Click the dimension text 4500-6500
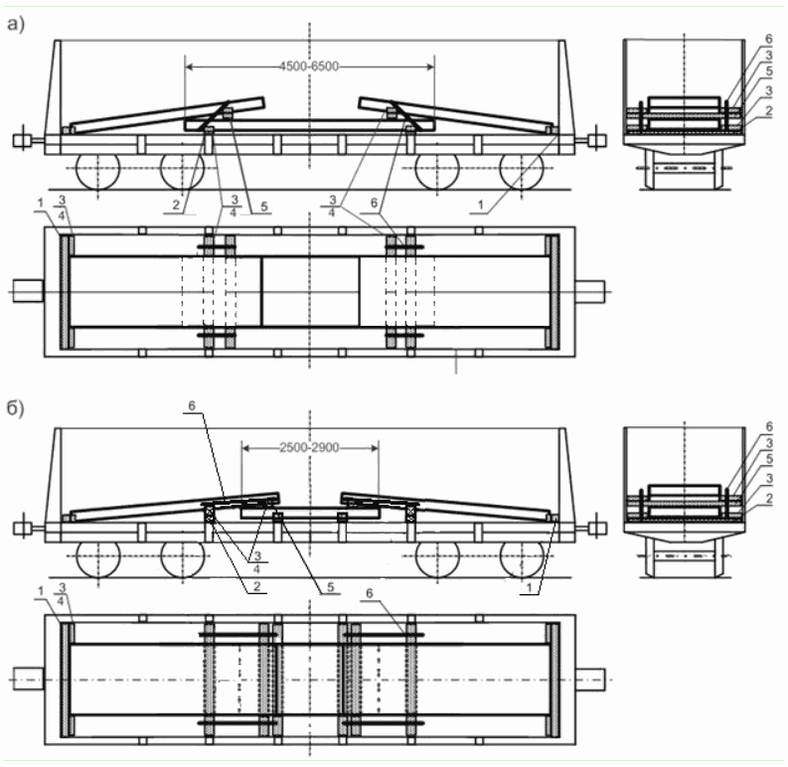[x=309, y=67]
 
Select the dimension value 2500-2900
[x=309, y=447]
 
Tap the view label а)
[x=16, y=24]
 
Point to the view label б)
[x=16, y=407]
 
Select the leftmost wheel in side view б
[x=98, y=559]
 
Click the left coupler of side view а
[x=23, y=141]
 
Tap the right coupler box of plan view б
[x=590, y=680]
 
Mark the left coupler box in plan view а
[x=28, y=291]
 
